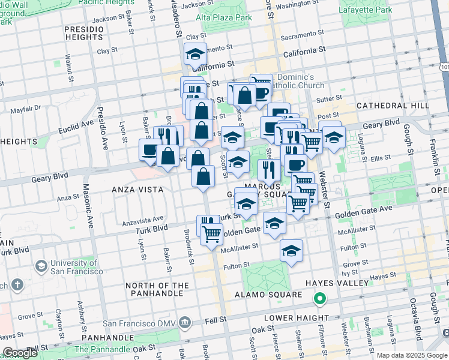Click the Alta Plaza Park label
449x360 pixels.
(224, 17)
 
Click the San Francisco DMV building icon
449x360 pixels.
(185, 323)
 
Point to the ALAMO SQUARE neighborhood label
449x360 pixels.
(260, 295)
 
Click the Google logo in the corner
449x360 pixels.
(20, 353)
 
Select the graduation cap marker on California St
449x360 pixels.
(195, 55)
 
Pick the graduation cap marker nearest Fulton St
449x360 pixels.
(291, 250)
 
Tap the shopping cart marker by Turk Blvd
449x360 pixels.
(211, 234)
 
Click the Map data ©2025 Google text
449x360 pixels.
(412, 355)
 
